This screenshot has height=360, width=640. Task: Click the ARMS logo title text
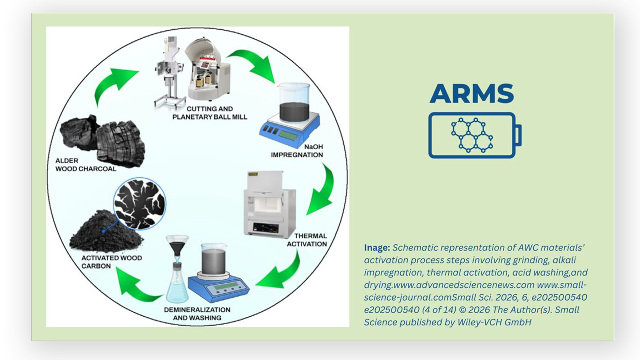click(x=471, y=94)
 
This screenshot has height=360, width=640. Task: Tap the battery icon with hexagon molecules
click(x=474, y=135)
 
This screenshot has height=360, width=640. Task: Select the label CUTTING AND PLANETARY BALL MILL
click(x=210, y=113)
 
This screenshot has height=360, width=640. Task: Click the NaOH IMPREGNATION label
click(x=297, y=151)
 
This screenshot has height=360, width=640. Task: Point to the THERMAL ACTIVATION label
click(x=307, y=240)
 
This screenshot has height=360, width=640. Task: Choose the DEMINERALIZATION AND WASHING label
click(x=197, y=314)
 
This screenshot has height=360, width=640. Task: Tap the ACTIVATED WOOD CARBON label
click(x=111, y=262)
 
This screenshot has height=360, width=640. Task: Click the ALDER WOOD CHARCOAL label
click(x=86, y=165)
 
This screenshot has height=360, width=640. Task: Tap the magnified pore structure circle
click(x=139, y=203)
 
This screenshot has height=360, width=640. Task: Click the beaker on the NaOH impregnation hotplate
click(x=294, y=102)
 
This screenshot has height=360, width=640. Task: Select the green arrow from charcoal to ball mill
click(x=112, y=85)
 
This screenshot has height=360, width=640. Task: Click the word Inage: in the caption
click(x=377, y=248)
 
